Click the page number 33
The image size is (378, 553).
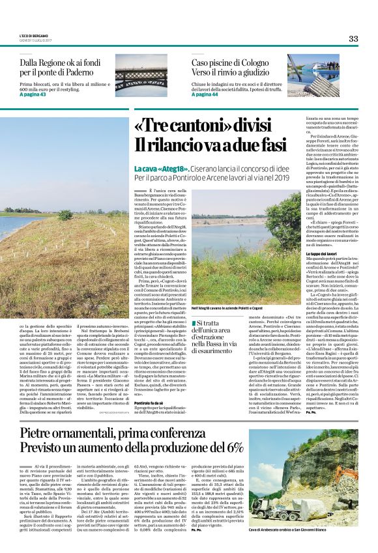(353, 38)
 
